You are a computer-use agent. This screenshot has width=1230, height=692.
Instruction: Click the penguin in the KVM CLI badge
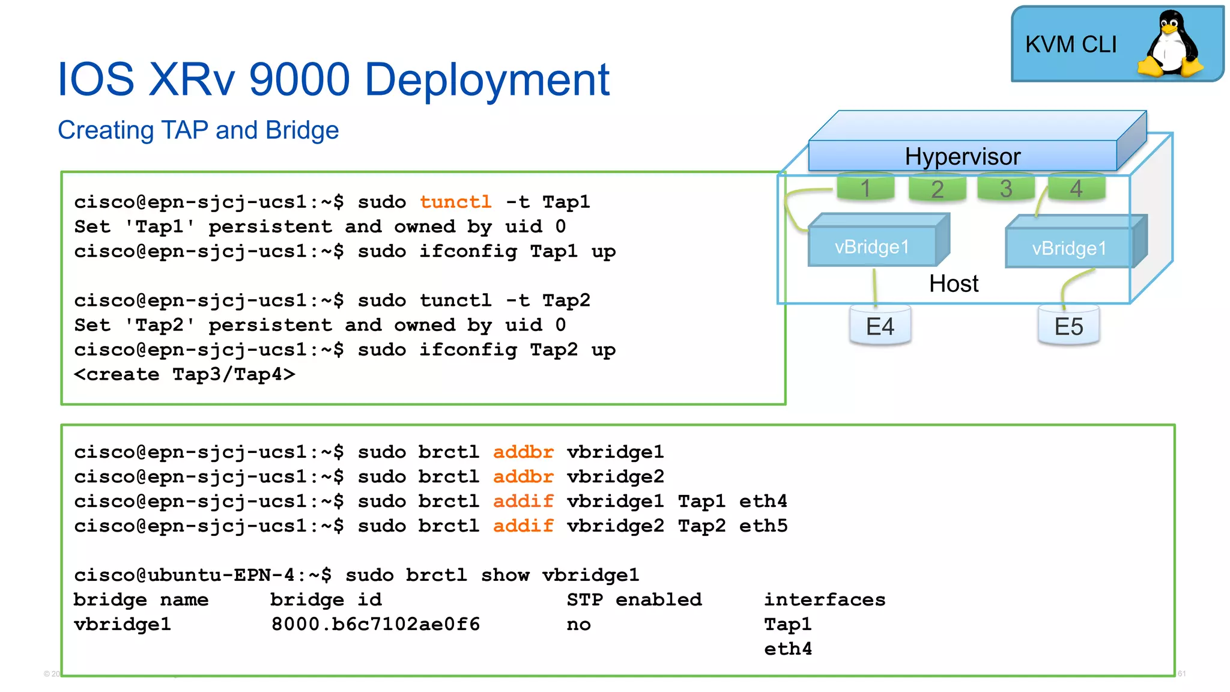coord(1170,45)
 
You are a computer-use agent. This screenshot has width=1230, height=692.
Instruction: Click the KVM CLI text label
coord(1071,44)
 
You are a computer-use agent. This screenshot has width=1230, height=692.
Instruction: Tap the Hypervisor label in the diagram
coord(962,156)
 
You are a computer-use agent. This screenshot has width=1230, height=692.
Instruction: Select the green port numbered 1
coord(865,188)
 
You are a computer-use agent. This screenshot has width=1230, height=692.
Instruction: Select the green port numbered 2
coord(937,189)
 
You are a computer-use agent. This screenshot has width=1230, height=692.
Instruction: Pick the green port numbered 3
coord(1006,188)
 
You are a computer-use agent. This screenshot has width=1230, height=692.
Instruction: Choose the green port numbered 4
coord(1076,188)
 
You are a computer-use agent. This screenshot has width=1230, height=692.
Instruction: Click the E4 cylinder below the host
coord(880,326)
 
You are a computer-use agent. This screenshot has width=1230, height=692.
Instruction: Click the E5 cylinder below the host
coord(1069,326)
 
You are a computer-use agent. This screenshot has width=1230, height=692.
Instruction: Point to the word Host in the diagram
coord(954,284)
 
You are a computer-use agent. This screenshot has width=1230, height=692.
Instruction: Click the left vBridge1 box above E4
coord(872,246)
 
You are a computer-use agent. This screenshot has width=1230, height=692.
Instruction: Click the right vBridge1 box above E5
coord(1069,248)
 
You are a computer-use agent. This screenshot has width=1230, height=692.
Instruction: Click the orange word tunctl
coord(455,202)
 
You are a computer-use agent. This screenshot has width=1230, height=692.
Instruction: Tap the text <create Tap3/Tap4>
coord(184,374)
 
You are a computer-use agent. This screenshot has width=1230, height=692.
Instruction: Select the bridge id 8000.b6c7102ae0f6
coord(375,624)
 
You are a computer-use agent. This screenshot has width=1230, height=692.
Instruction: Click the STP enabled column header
coord(634,599)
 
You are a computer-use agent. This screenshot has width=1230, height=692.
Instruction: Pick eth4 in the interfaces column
coord(787,649)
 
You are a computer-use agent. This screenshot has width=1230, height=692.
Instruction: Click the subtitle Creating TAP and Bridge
coord(198,130)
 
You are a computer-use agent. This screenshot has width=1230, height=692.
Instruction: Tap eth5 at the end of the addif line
coord(763,526)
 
